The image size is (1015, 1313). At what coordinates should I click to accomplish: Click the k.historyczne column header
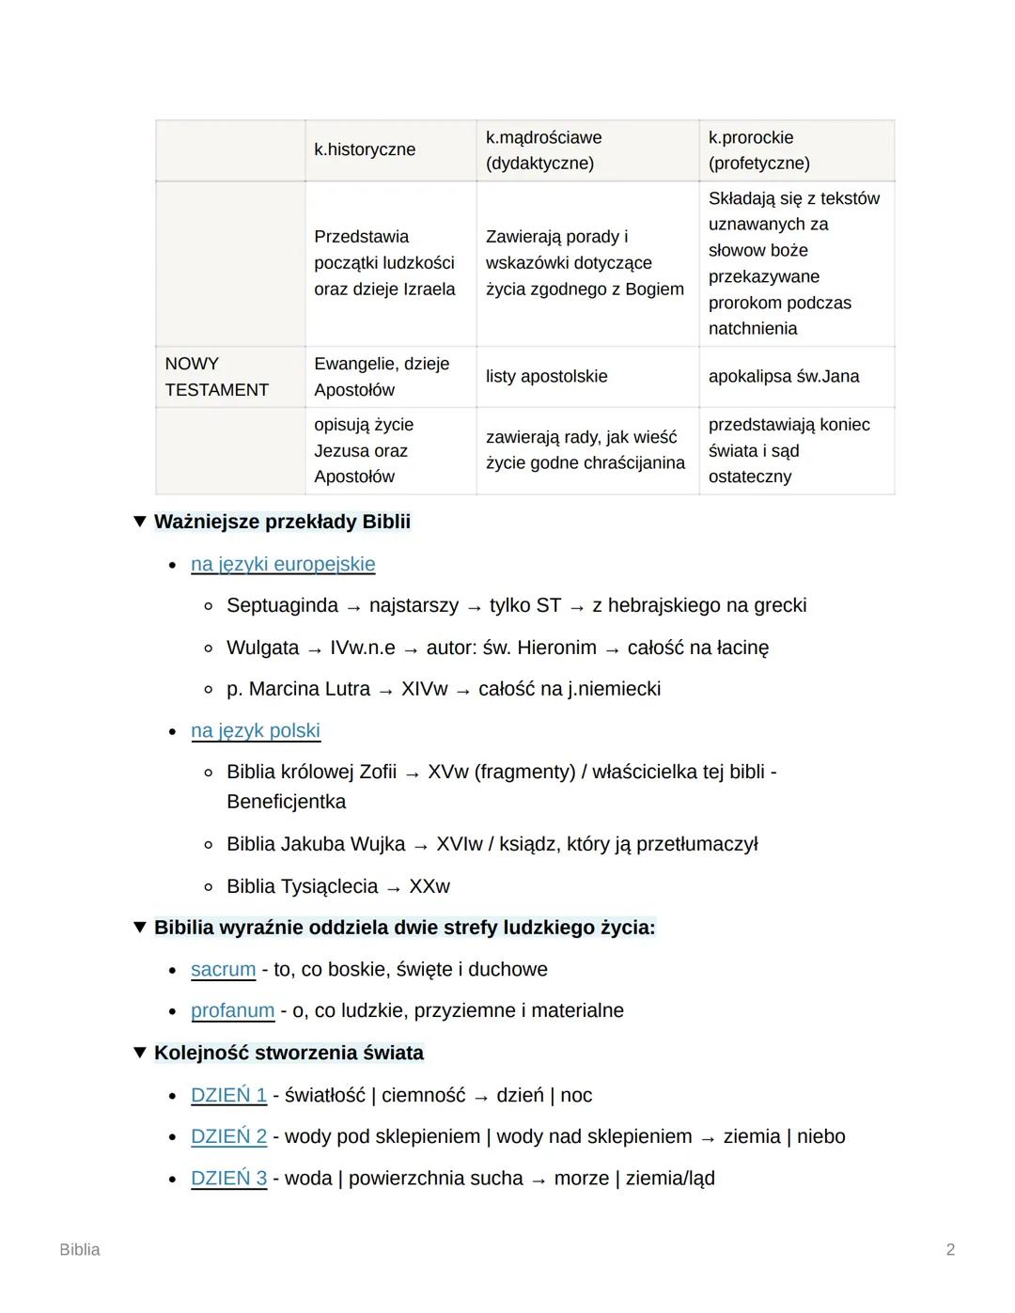click(365, 149)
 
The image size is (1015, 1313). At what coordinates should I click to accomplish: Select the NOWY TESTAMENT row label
click(216, 376)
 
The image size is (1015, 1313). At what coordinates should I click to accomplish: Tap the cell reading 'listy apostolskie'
click(546, 376)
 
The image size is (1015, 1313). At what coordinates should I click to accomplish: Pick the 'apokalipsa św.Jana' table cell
click(784, 376)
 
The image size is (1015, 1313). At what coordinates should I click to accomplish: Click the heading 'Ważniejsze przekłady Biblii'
click(282, 522)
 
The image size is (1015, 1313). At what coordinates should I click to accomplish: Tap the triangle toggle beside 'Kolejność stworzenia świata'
click(140, 1052)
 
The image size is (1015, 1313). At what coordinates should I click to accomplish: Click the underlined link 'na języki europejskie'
click(283, 564)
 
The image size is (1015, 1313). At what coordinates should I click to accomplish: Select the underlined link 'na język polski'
click(256, 730)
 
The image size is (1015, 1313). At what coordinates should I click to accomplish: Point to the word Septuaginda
click(282, 605)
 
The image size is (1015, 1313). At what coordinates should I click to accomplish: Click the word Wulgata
click(262, 648)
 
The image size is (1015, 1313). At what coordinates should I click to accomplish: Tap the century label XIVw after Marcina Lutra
click(425, 689)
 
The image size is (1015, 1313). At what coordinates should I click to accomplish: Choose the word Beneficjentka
click(286, 802)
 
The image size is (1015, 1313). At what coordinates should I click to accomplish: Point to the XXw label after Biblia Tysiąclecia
click(429, 886)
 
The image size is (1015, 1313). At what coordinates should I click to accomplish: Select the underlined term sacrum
click(223, 969)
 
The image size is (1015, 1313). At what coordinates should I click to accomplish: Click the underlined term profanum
click(232, 1010)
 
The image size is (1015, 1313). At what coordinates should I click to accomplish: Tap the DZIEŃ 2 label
click(228, 1136)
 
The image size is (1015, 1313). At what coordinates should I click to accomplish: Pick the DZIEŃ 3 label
click(228, 1178)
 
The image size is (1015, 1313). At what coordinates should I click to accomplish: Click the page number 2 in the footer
click(950, 1249)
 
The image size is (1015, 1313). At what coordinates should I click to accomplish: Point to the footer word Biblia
click(80, 1249)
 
